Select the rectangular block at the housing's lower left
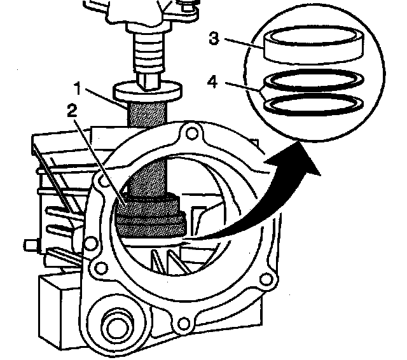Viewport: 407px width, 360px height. point(60,302)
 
